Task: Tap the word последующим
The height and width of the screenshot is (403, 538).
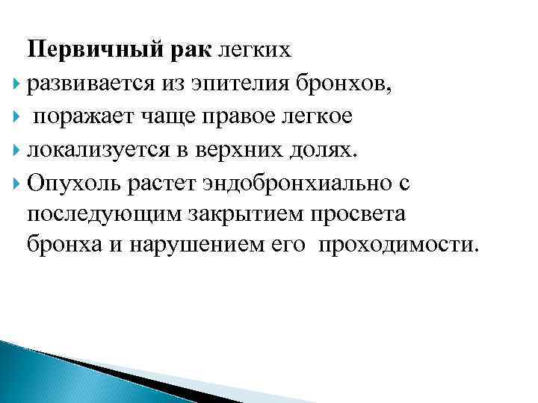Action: coord(97,213)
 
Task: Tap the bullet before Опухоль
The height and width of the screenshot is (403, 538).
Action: coord(17,181)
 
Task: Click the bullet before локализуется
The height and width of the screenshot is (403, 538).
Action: coord(17,149)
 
